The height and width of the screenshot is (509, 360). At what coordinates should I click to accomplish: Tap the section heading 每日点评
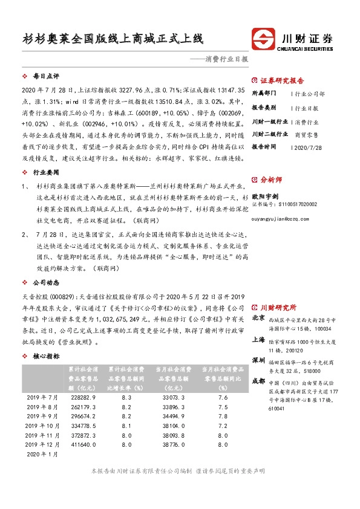(46, 77)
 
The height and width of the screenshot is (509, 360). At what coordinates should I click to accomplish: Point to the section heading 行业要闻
(46, 172)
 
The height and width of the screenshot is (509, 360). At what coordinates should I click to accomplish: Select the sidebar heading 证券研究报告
(283, 80)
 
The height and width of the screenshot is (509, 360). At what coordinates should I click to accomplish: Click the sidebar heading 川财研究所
(279, 307)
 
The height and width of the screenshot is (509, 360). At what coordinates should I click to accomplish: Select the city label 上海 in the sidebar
(258, 340)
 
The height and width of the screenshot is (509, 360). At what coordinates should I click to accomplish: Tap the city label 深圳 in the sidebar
(258, 360)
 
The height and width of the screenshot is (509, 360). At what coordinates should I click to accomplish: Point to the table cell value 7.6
(222, 397)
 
